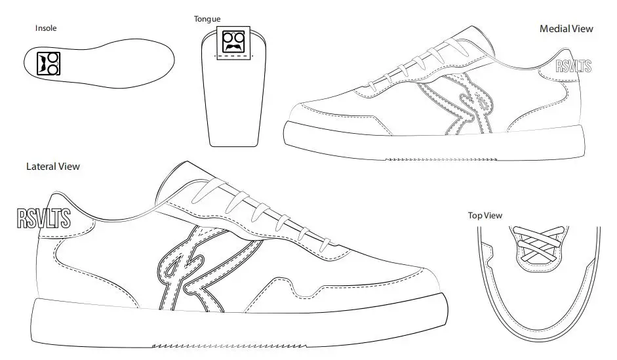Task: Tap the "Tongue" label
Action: point(207,18)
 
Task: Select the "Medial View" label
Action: point(566,29)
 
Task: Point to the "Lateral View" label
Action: point(53,167)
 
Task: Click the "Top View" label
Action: point(485,215)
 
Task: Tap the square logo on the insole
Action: point(48,63)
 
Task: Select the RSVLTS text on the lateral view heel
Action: point(43,218)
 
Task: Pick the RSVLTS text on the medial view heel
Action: point(573,66)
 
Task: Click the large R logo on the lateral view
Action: point(197,269)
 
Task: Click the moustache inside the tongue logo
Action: point(234,48)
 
